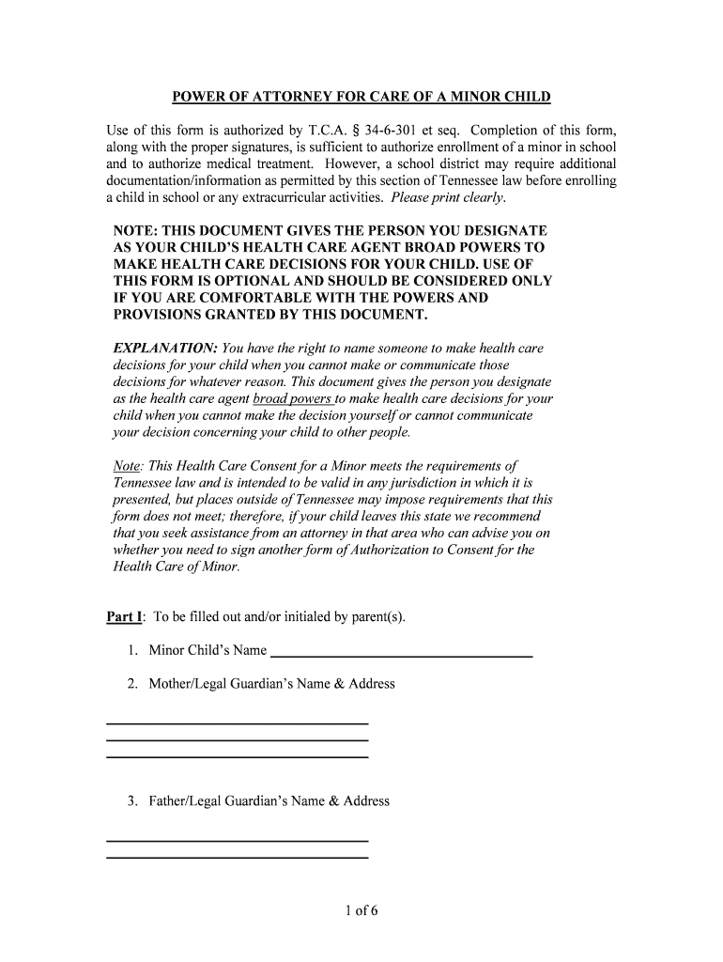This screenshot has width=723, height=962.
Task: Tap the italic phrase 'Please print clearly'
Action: point(448,197)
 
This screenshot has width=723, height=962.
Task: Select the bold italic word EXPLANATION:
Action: point(165,349)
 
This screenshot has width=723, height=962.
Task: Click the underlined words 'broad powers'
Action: point(292,398)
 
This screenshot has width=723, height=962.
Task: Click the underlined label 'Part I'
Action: point(124,617)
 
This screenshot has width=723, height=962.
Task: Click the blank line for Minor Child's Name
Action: point(401,654)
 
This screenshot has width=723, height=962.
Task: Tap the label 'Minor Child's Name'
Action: point(208,650)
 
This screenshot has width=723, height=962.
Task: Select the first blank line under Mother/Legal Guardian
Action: point(238,723)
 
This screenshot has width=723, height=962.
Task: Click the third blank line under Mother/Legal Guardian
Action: point(238,756)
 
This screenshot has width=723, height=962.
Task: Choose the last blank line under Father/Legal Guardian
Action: point(238,857)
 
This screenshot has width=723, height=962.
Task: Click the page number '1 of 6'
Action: point(361,910)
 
